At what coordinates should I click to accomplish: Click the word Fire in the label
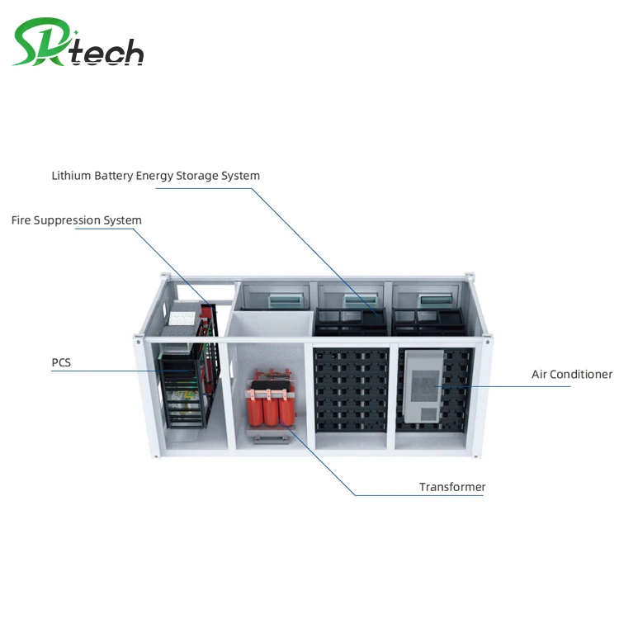tap(21, 220)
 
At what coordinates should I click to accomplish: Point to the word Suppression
tap(68, 221)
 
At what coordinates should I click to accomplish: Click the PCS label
tap(62, 361)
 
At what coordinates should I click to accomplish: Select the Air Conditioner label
tap(571, 375)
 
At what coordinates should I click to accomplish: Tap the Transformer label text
tap(452, 487)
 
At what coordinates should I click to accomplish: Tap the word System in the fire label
tap(122, 220)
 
